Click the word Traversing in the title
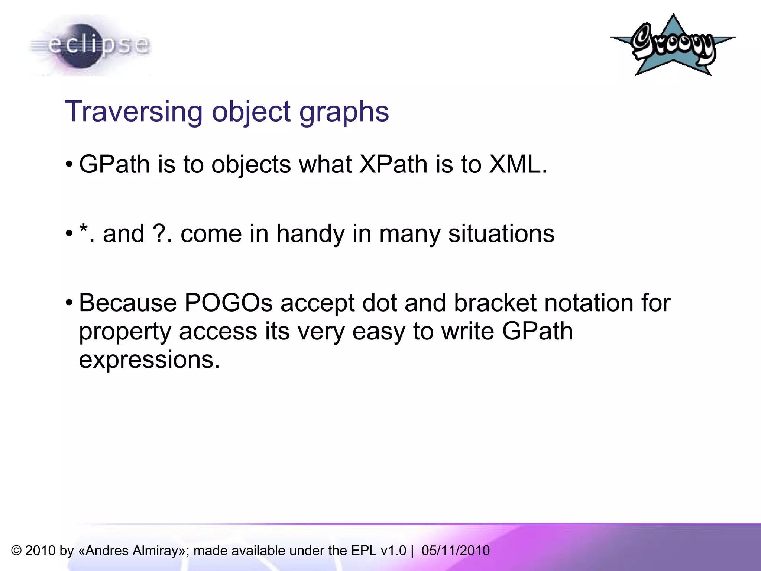coord(134,112)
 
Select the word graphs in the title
coord(344,112)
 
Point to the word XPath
coord(393,164)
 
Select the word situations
coord(501,233)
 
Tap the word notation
coord(589,303)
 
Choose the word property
coord(125,332)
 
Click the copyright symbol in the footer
coord(16,551)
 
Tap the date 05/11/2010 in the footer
coord(456,551)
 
